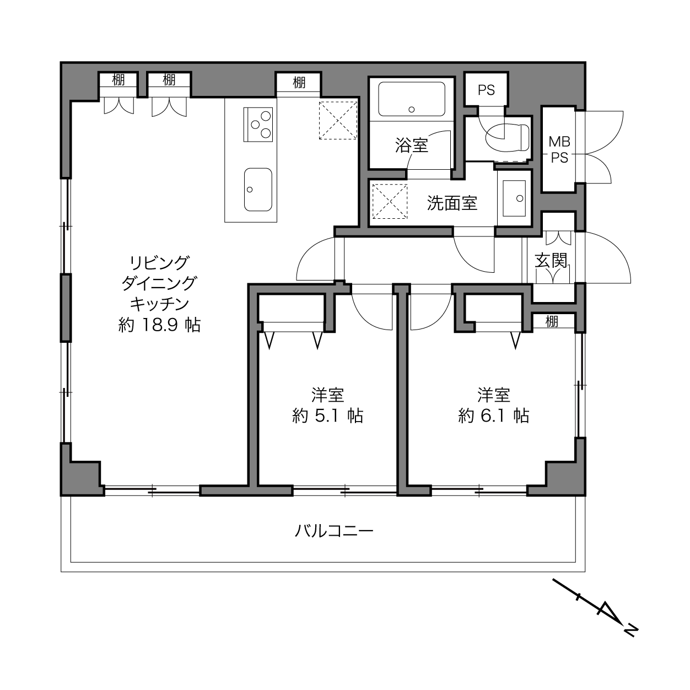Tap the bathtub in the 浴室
tap(412, 99)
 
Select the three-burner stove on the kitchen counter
tap(258, 125)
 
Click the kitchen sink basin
tap(258, 190)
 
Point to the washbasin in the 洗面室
tap(514, 198)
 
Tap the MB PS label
tap(559, 150)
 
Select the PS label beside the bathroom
tap(486, 90)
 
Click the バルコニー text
tap(334, 530)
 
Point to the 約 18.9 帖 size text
tap(159, 325)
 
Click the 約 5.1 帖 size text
tap(327, 416)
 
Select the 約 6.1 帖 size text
tap(493, 416)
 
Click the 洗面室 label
tap(452, 203)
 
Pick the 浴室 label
tap(412, 145)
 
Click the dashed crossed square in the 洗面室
tap(390, 201)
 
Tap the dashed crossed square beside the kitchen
tap(338, 120)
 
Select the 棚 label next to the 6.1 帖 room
tap(552, 321)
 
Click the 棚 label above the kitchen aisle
tap(299, 83)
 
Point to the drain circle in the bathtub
tap(412, 110)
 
